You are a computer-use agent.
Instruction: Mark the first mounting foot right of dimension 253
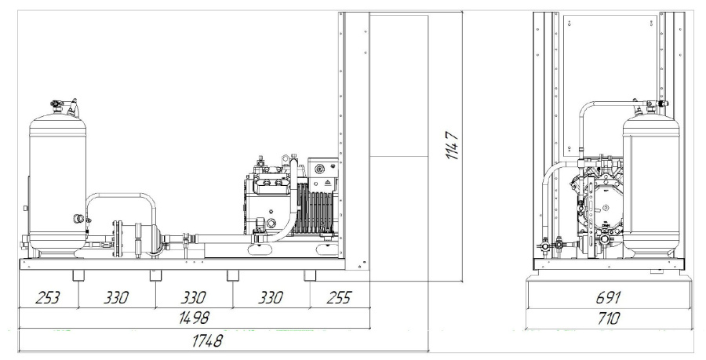[79, 276]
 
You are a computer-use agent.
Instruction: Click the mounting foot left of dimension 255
[309, 276]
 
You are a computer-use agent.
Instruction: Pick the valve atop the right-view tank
[654, 102]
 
